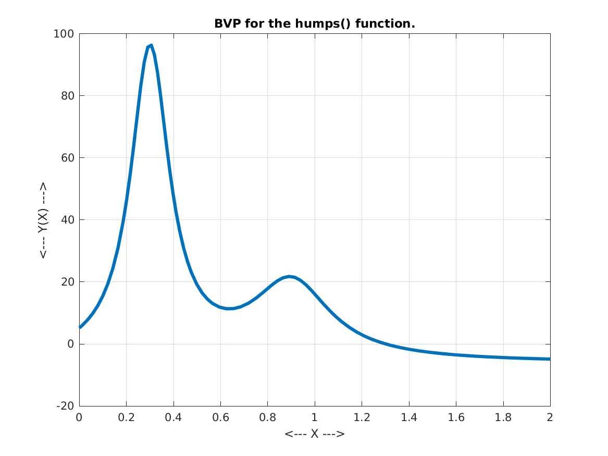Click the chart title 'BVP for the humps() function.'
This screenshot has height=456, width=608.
pos(314,24)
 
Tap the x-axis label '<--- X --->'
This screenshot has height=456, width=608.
pos(314,434)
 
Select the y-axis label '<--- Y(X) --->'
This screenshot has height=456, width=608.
pos(43,220)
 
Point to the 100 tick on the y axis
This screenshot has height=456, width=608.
pos(65,34)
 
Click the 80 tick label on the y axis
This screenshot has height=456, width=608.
pos(67,96)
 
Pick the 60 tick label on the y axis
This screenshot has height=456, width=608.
pos(67,158)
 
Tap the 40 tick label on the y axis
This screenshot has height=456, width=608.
pos(67,220)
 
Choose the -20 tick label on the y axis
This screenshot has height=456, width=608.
pos(65,406)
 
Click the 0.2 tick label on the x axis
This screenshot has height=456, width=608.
pos(126,417)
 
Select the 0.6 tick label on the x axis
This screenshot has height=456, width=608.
pos(220,417)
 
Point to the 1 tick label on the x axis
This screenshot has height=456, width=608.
pos(315,417)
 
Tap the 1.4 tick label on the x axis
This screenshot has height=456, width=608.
pos(409,417)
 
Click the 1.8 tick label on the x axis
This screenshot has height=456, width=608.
pos(503,417)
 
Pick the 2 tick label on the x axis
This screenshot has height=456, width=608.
pos(550,417)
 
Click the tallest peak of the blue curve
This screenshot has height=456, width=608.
pos(151,45)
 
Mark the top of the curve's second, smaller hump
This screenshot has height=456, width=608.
pos(289,276)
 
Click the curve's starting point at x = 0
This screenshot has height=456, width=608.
pos(80,327)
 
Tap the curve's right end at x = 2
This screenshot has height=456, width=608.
pos(550,359)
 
